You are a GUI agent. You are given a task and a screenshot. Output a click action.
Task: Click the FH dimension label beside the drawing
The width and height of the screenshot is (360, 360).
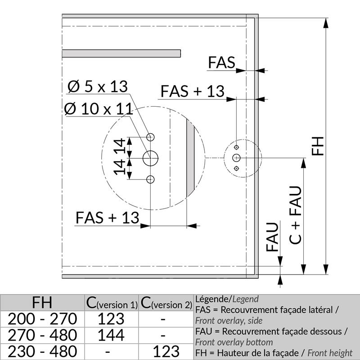click(318, 146)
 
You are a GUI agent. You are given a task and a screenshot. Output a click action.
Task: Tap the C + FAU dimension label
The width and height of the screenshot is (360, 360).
click(295, 215)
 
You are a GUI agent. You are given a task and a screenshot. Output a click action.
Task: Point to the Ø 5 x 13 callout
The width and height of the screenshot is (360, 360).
click(98, 86)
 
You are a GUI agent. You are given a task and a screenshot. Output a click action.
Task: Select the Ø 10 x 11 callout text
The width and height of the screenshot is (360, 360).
click(99, 108)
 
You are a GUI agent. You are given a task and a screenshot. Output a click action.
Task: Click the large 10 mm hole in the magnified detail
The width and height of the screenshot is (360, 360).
click(150, 158)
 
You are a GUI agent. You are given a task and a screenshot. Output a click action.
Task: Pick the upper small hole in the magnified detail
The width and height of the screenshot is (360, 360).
click(150, 137)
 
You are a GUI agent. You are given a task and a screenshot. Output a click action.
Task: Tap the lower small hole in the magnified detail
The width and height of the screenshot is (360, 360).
click(150, 179)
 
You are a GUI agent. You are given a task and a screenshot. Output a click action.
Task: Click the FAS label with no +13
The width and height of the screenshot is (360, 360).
click(221, 62)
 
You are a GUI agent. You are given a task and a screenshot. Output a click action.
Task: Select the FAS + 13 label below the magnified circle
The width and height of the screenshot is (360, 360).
click(108, 218)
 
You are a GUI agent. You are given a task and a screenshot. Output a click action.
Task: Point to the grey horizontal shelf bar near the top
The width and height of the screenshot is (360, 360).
click(121, 54)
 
